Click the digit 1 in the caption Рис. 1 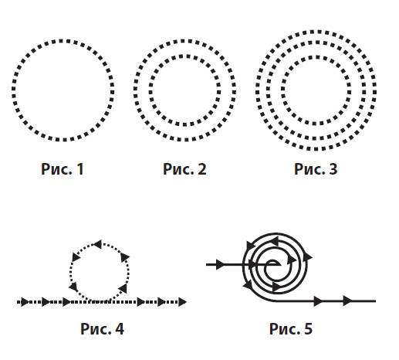click(x=80, y=169)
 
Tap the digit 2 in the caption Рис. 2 click(x=202, y=169)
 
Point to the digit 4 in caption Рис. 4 click(x=119, y=328)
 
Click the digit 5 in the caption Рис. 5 click(x=308, y=328)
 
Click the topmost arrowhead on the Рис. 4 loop click(x=97, y=244)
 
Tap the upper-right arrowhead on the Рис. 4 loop click(x=125, y=257)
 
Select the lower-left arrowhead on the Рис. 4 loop click(x=73, y=287)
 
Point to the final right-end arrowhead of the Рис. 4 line click(x=182, y=302)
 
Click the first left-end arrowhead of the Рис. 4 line click(x=25, y=302)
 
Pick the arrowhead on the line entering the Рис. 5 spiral click(x=221, y=264)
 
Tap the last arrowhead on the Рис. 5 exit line click(x=348, y=301)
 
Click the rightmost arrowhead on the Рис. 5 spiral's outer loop click(x=308, y=256)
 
